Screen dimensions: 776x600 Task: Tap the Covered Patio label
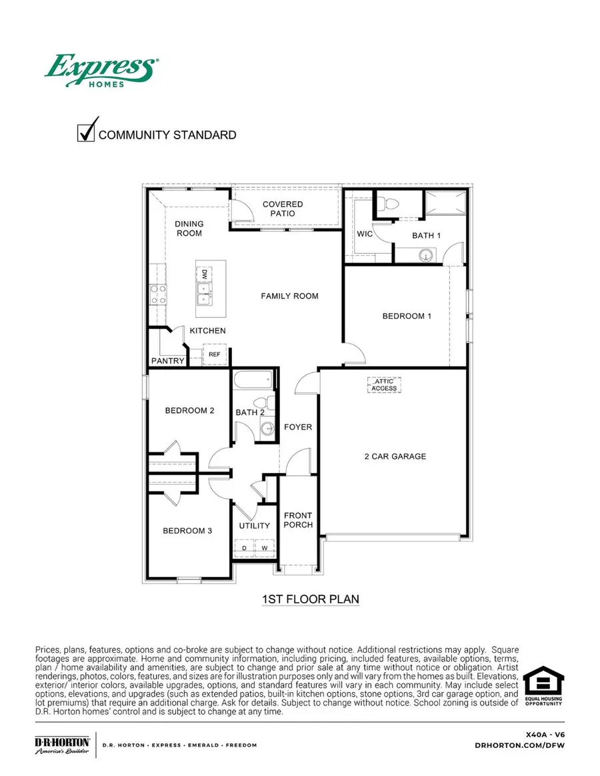coord(283,209)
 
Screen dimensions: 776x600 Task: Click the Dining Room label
coord(189,228)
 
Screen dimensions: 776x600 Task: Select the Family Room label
coord(289,296)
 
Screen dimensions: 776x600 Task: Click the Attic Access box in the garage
coord(384,385)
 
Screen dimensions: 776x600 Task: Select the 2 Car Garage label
coord(395,456)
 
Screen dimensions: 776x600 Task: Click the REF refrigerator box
coord(215,354)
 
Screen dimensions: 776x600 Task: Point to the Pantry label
coord(167,361)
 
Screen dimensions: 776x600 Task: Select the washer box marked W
coord(264,548)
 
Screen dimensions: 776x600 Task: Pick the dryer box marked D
coord(244,548)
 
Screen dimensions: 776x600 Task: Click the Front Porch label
coord(298,520)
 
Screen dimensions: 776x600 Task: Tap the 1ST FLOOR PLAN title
coord(311,599)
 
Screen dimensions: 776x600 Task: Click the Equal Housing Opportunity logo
coord(543,686)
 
